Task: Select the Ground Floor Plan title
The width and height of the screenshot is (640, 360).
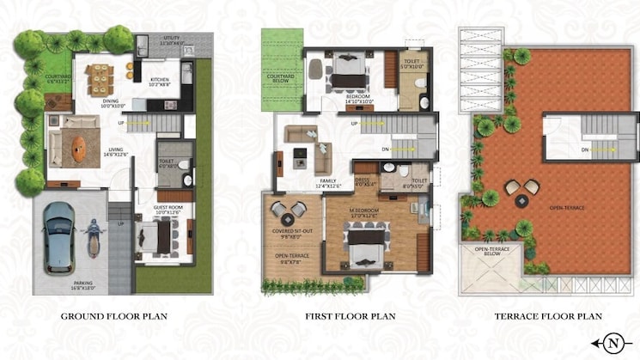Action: [113, 316]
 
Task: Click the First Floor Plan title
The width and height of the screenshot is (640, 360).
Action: [349, 316]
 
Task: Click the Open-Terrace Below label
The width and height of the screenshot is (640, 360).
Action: [491, 253]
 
